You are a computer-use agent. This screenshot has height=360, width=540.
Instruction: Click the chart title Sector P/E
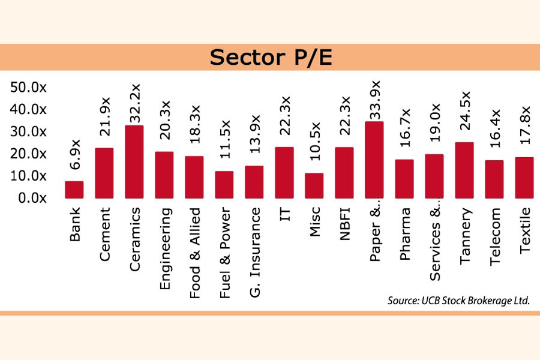pos(269,58)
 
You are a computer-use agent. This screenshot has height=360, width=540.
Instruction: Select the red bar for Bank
pos(74,190)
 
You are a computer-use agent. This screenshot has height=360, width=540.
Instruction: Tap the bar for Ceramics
pos(134,161)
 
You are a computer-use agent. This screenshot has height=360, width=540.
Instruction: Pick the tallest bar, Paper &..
pos(374,160)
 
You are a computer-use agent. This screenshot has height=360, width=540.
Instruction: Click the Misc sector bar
pos(314,185)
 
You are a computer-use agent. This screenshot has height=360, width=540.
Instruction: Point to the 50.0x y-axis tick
pos(28,88)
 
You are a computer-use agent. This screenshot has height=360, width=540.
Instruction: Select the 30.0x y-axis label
pos(28,131)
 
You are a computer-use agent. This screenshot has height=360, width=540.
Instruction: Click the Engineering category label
pos(165,249)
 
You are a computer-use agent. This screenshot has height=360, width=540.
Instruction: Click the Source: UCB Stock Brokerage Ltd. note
pos(458,301)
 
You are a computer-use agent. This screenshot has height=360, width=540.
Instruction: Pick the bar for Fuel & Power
pos(224,184)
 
